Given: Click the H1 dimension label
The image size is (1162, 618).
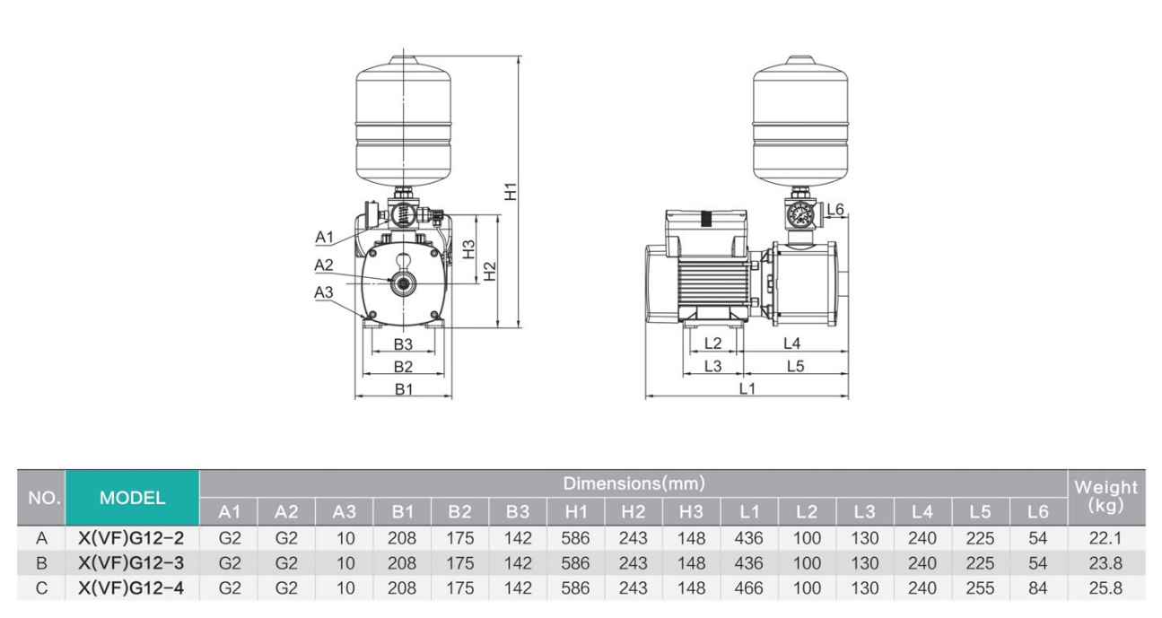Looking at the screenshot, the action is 511,191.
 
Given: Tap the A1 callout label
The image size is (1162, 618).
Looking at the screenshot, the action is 324,238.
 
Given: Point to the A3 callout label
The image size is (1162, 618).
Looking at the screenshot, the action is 324,292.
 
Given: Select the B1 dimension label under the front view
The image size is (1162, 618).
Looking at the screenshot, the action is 404,389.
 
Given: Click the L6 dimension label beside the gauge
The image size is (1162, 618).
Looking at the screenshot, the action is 835,210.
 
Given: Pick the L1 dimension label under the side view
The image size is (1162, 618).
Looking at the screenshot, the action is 747,389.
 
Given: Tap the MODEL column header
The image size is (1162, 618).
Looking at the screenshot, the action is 132,498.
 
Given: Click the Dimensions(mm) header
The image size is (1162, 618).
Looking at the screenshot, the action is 633,483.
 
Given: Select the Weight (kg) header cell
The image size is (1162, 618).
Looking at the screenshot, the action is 1106,496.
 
